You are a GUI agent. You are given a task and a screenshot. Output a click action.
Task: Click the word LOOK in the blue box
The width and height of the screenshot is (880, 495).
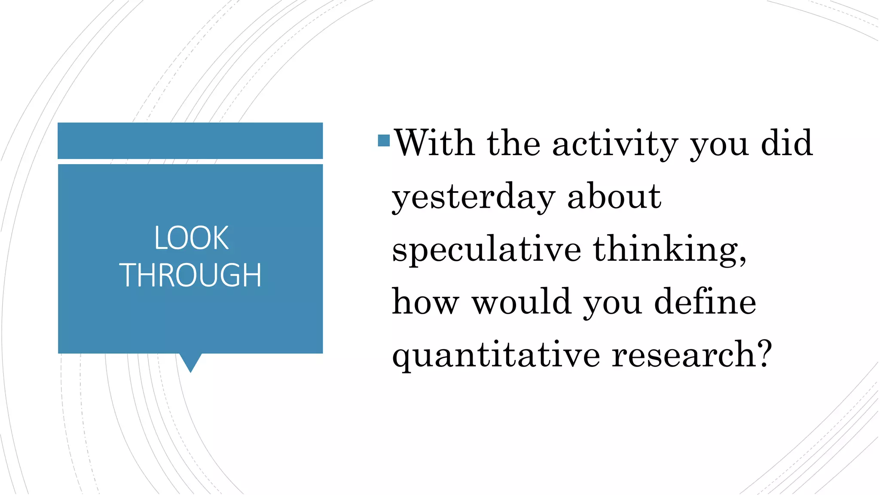tap(191, 238)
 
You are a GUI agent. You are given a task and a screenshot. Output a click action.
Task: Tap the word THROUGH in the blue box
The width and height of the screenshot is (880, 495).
tap(190, 275)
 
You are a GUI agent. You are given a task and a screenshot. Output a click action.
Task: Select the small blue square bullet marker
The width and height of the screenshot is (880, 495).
tap(384, 141)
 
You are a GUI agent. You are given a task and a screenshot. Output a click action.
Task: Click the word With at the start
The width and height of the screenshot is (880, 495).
tap(434, 143)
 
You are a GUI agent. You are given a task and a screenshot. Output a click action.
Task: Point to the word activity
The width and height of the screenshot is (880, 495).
tap(615, 144)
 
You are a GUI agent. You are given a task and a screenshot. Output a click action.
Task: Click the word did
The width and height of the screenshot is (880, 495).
tap(787, 143)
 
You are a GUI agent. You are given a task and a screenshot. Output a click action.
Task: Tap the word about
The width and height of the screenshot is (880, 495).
tap(614, 196)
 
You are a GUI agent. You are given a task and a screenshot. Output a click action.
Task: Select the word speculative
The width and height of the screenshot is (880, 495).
tap(486, 250)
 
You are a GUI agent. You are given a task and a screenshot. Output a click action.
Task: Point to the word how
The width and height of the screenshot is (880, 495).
tap(425, 302)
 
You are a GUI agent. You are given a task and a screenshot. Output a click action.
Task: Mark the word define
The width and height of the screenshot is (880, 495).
tap(705, 302)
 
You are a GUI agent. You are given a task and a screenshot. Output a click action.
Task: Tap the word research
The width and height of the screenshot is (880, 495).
tap(683, 355)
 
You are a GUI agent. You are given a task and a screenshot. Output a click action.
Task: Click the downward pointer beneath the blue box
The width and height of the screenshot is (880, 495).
tap(190, 362)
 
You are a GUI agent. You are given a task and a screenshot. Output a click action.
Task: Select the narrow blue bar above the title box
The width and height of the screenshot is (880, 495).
tap(190, 141)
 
